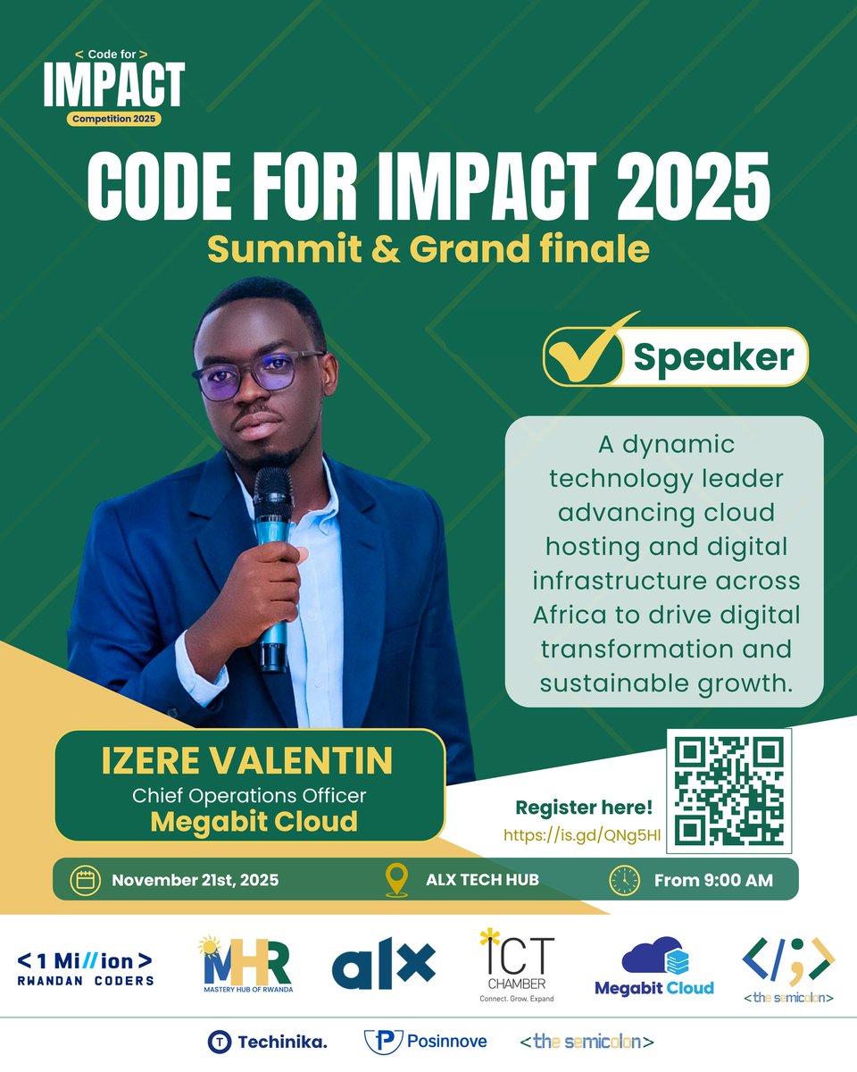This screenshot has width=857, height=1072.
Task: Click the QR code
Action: [729, 789]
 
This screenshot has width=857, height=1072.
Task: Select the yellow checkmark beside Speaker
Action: [589, 353]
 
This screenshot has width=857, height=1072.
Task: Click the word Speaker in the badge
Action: [713, 357]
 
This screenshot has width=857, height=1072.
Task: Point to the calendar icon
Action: [86, 880]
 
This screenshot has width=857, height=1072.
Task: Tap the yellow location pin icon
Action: [396, 880]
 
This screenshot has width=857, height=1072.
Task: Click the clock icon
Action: [624, 880]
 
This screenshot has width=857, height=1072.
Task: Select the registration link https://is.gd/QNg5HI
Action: [581, 835]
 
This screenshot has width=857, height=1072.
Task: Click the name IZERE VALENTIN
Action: [247, 762]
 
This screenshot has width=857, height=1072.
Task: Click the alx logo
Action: [383, 964]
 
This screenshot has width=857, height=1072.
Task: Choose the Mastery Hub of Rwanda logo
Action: [246, 966]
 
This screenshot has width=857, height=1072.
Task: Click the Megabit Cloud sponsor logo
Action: [654, 967]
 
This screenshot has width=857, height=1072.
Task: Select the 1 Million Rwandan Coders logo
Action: [86, 967]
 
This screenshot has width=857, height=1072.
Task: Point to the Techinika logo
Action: [267, 1042]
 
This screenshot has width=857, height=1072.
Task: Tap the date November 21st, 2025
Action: [195, 880]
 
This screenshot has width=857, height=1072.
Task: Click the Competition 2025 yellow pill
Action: [112, 119]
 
